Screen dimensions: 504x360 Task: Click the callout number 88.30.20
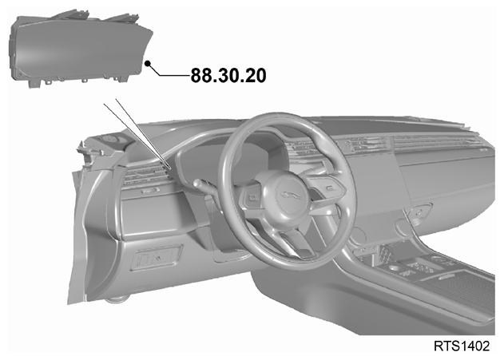click(x=228, y=76)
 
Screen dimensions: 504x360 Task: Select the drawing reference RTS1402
click(x=462, y=346)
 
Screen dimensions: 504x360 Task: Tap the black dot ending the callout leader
click(x=148, y=63)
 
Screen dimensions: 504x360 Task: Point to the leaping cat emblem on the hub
click(x=292, y=195)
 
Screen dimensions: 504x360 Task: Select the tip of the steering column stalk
click(x=196, y=184)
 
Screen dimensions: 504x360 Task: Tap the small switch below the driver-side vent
click(x=150, y=191)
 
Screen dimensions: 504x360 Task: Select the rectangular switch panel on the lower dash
click(x=157, y=258)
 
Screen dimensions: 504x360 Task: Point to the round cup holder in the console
click(x=393, y=267)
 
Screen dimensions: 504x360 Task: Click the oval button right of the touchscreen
click(x=419, y=212)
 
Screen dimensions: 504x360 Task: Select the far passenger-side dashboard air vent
click(x=434, y=141)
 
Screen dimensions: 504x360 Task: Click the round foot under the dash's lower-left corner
click(x=117, y=299)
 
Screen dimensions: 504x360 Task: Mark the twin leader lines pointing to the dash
click(x=138, y=134)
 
